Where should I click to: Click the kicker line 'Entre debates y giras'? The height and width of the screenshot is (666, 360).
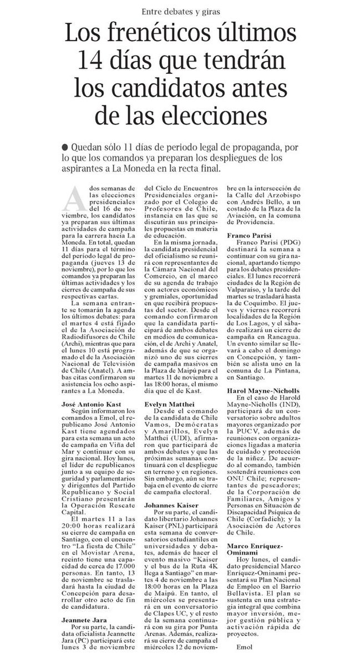tap(180, 12)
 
